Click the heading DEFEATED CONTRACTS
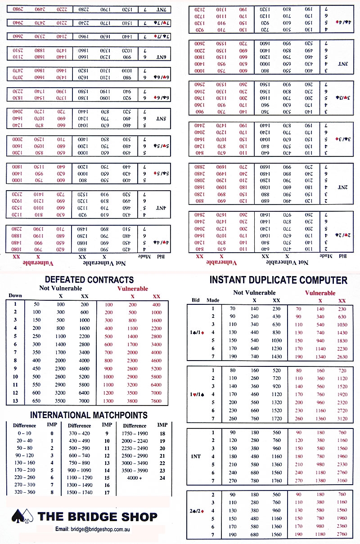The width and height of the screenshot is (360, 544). coord(89,280)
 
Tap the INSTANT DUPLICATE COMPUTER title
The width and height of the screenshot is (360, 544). coord(278,280)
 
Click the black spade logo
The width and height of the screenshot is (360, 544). coord(22,517)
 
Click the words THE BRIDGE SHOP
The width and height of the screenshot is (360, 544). coord(97,517)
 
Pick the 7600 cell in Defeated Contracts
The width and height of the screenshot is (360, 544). coord(156,401)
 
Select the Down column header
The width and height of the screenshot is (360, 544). coord(14,295)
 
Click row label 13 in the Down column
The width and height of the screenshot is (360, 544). coord(15,401)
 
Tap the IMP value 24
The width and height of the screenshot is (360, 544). coord(162,477)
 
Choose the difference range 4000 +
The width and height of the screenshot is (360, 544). coord(134,477)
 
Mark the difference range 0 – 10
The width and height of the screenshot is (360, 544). coord(21,433)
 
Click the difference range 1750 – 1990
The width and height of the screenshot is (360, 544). coord(134,433)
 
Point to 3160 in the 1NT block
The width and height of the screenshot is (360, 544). coord(342,481)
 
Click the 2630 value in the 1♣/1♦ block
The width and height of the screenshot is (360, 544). coord(342,357)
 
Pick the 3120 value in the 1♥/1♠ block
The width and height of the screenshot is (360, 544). coord(342,419)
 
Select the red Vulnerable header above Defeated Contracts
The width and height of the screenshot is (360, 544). coord(132,289)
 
